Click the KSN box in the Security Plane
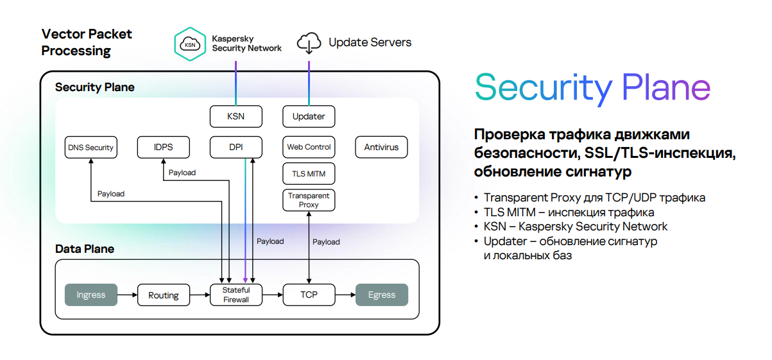coord(236,116)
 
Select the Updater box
coord(309,116)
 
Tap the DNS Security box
coord(90,147)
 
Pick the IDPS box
coord(163,147)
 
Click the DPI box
coord(236,147)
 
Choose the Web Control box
coord(309,147)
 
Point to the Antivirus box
coord(381,147)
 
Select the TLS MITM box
coord(309,173)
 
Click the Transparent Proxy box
coord(309,200)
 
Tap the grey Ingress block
coord(91,295)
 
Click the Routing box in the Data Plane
coord(163,295)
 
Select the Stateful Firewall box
coord(236,295)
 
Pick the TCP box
coord(309,295)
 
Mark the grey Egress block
coord(382,295)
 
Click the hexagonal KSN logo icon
coord(190,44)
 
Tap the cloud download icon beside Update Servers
coord(309,43)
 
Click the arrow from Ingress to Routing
coord(128,295)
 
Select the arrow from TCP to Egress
coord(346,295)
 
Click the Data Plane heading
coord(85,249)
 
